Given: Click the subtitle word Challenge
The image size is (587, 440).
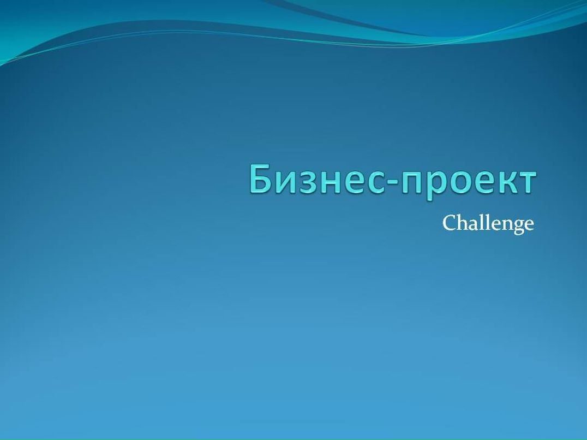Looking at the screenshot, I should coord(487,224).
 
